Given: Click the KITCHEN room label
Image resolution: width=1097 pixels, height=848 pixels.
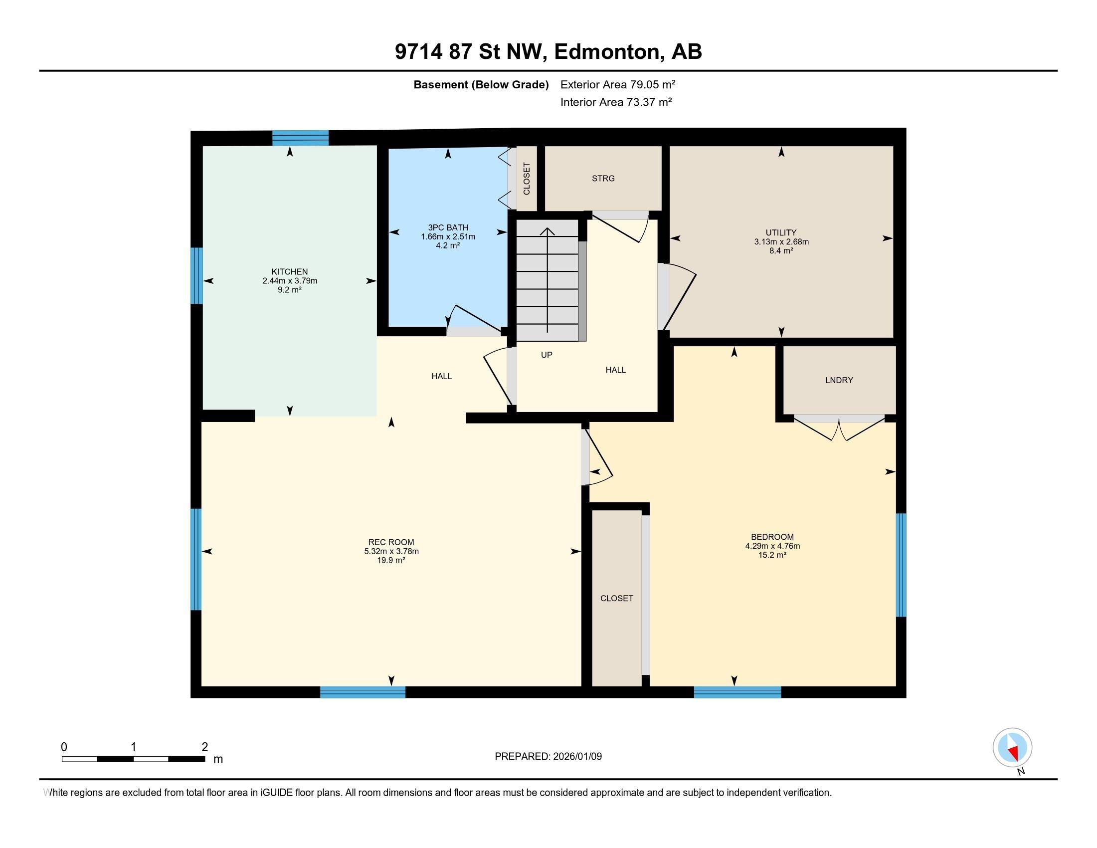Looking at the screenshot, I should click(289, 272).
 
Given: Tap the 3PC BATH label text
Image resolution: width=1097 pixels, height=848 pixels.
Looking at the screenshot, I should click(448, 227).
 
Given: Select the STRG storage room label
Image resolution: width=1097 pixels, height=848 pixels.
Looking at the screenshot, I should click(603, 179).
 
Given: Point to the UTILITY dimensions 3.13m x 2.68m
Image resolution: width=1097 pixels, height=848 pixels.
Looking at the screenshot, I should click(780, 241).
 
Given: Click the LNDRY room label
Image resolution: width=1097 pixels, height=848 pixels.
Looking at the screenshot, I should click(839, 380).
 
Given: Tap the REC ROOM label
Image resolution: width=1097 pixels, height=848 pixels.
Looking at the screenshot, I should click(391, 542).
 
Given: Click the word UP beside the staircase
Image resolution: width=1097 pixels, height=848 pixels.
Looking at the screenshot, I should click(547, 355).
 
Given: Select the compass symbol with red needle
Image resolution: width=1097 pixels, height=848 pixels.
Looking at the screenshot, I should click(1012, 748).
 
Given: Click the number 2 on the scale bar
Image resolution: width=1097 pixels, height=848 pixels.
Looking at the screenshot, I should click(204, 747).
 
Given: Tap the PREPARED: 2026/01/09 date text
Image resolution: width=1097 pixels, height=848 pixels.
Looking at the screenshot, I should click(548, 757).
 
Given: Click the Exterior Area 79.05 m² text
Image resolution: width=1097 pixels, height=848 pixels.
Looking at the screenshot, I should click(617, 84).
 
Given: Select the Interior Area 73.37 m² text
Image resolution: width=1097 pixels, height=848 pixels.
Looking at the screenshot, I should click(616, 102).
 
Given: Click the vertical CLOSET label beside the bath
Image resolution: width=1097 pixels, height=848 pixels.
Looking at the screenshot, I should click(527, 179).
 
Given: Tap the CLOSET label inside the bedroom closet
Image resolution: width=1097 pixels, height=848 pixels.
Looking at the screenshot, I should click(616, 598).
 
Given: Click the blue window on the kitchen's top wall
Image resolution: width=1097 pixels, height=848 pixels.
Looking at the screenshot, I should click(300, 138).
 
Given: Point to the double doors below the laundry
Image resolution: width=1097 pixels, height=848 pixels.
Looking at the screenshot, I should click(839, 427).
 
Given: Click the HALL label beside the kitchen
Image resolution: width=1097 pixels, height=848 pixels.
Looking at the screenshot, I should click(441, 376).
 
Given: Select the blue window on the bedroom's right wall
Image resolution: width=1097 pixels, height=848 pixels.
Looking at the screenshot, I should click(901, 565).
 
